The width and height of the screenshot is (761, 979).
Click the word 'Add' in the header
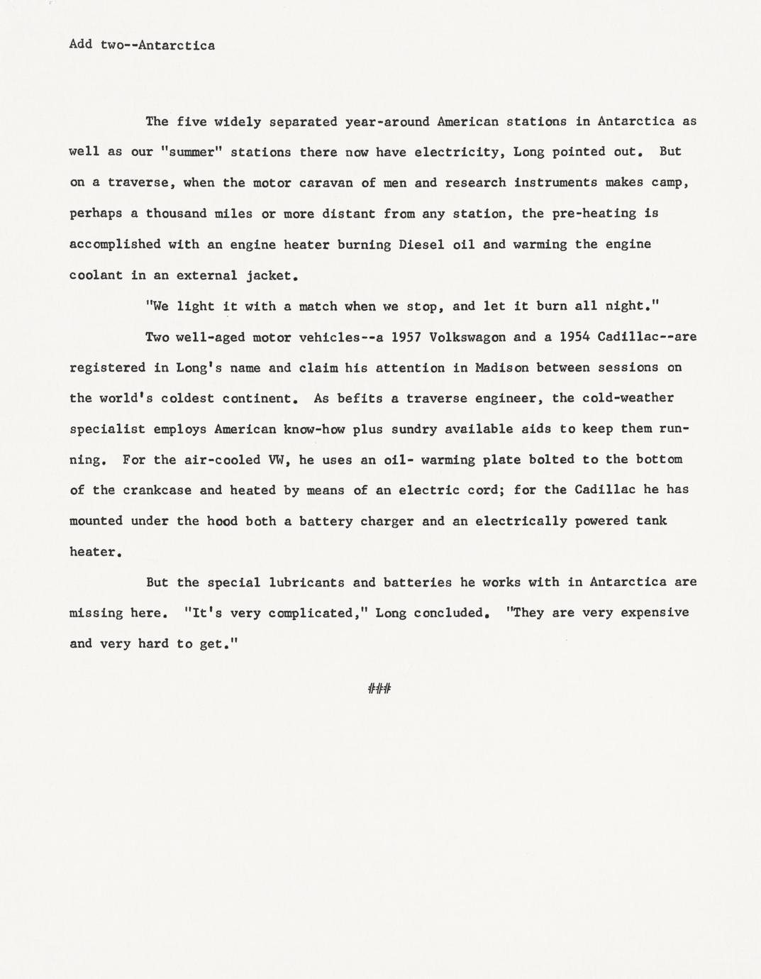(80, 45)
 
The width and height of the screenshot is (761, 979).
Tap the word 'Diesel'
(421, 244)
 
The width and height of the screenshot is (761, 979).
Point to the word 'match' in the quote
(318, 306)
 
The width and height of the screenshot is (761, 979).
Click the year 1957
(406, 336)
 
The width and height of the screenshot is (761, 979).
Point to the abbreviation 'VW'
(275, 460)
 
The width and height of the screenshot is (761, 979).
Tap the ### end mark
(379, 688)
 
